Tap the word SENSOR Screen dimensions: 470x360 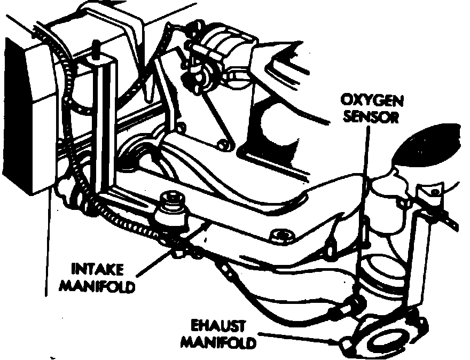pyautogui.click(x=371, y=117)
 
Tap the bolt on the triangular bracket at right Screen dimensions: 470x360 pyautogui.click(x=429, y=192)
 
